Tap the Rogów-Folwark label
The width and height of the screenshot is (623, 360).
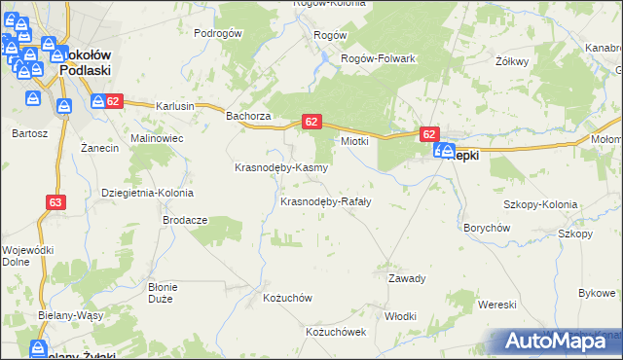378,58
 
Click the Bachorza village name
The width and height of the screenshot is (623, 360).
247,116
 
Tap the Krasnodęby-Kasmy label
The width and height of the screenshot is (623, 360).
281,167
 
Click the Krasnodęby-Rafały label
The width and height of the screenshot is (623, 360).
325,202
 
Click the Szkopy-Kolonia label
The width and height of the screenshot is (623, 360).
539,205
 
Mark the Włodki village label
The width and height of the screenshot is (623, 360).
400,316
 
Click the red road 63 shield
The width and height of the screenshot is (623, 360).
55,202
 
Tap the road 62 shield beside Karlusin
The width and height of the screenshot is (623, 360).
113,100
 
